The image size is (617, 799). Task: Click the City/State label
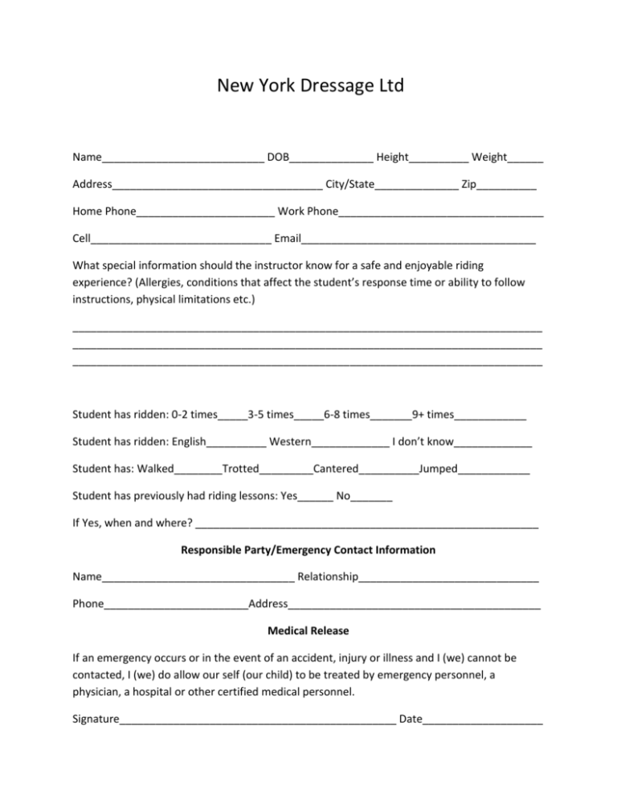point(349,185)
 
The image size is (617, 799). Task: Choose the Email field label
point(288,239)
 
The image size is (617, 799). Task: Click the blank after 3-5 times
point(308,416)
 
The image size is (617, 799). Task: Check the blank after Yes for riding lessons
point(315,498)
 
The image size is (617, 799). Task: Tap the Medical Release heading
point(308,631)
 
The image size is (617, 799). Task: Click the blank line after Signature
point(257,720)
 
